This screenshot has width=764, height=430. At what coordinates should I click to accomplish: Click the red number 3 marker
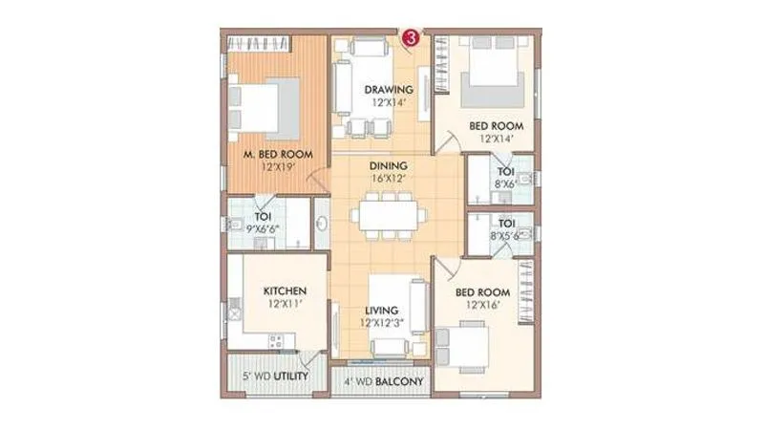[411, 38]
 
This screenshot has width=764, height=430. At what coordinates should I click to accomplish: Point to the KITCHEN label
[285, 290]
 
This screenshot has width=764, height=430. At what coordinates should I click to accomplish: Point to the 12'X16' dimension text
[481, 305]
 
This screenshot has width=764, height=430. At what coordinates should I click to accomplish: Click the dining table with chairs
[387, 217]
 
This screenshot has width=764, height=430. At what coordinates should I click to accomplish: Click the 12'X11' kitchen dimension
[285, 304]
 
